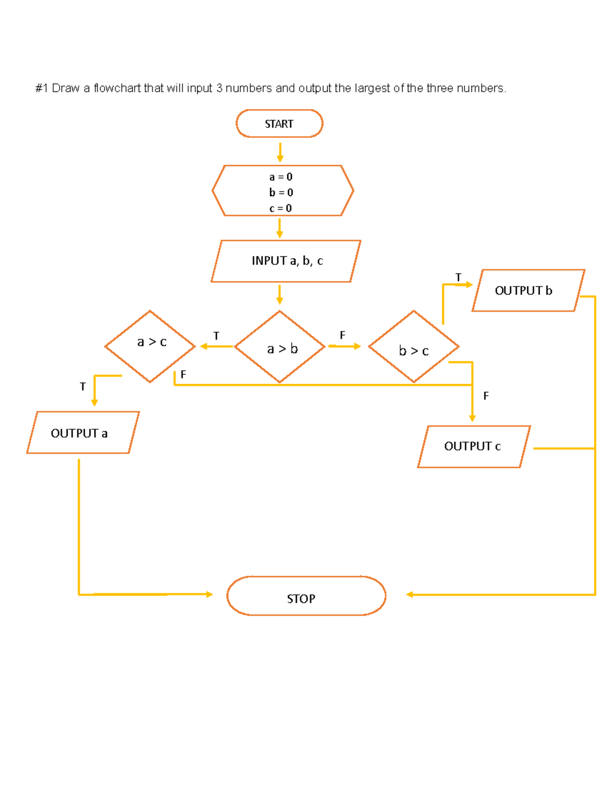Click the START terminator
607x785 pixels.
279,124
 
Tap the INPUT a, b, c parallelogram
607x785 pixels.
286,261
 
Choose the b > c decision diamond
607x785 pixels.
414,347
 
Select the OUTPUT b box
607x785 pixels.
528,291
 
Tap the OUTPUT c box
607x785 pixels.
473,446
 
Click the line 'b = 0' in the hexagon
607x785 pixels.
281,193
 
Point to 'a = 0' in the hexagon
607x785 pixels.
281,177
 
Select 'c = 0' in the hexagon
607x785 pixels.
281,208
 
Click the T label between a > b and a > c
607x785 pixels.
216,336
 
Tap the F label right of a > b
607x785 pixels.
342,335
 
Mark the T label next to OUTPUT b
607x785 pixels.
458,278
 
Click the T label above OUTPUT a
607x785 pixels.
83,387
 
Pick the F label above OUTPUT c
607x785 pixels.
486,396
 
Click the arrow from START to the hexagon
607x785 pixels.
280,152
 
